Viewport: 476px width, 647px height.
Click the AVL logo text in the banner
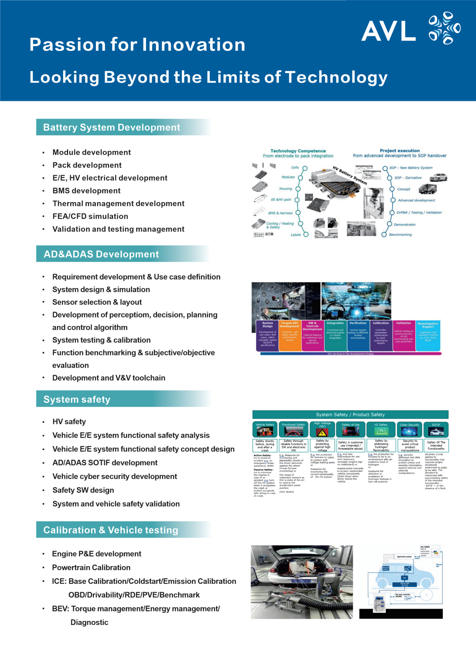click(389, 31)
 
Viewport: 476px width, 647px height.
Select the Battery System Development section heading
click(111, 128)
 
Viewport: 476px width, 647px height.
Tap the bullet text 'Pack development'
click(87, 165)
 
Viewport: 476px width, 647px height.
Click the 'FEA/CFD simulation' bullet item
click(90, 216)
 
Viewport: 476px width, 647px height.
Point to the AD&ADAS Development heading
click(101, 254)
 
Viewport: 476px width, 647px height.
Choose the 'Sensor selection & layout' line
click(97, 302)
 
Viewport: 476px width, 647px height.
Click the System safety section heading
click(77, 400)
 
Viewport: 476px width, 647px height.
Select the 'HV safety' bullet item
click(69, 422)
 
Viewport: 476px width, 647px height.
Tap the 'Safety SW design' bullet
click(83, 490)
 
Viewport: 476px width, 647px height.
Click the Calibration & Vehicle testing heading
click(111, 530)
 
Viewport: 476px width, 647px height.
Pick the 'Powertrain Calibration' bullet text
click(91, 568)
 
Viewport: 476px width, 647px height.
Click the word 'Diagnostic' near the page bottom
click(89, 622)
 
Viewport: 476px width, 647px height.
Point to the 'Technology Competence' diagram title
click(298, 151)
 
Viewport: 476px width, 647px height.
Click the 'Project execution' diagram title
click(400, 150)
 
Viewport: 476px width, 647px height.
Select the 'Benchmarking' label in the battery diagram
click(400, 235)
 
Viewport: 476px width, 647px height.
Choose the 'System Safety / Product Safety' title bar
click(350, 414)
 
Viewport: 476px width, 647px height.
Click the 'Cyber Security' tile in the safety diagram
click(409, 430)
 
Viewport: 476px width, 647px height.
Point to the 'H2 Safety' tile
click(381, 430)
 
